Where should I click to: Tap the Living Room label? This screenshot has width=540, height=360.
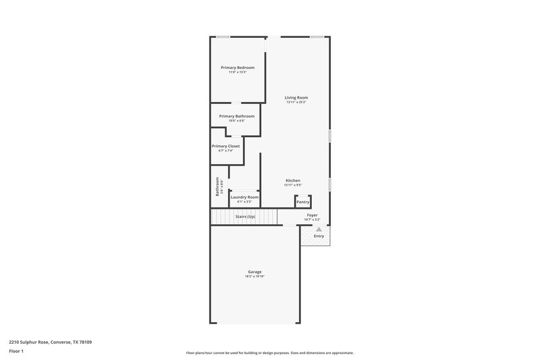[296, 97]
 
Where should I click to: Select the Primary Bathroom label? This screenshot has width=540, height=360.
[236, 116]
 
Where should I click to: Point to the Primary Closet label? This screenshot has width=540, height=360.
[225, 146]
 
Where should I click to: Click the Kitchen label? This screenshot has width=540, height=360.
[293, 180]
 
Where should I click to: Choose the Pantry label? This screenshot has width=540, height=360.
[303, 202]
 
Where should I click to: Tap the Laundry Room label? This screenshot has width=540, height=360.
[244, 197]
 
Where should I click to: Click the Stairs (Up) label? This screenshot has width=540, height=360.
[245, 217]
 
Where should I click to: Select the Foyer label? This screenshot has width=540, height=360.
[312, 215]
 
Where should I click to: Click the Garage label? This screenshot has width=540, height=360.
[254, 272]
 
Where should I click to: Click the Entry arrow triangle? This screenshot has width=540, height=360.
[319, 230]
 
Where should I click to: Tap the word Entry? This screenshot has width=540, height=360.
[319, 236]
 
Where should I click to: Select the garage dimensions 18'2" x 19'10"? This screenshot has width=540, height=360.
[254, 276]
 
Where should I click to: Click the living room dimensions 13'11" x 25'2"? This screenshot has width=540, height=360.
[296, 102]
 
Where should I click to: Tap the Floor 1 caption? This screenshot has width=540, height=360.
[16, 352]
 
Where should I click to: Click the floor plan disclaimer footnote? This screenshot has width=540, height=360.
[269, 353]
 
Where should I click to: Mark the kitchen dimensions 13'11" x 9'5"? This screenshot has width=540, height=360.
[293, 185]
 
